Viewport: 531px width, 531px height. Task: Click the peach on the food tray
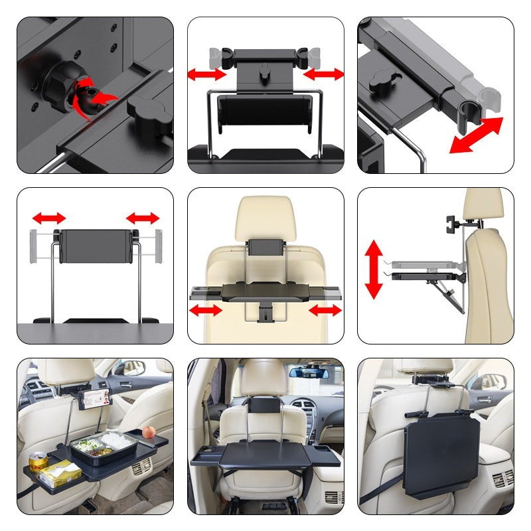pyautogui.click(x=148, y=432)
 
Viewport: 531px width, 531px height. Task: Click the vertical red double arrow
pyautogui.click(x=374, y=269)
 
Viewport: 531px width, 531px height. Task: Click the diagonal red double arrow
pyautogui.click(x=476, y=135)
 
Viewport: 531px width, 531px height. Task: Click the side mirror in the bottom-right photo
pyautogui.click(x=493, y=382)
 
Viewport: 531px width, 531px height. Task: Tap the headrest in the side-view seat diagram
pyautogui.click(x=483, y=206)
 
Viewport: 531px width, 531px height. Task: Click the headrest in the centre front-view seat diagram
pyautogui.click(x=265, y=216)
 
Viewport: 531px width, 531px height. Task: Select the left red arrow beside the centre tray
pyautogui.click(x=206, y=310)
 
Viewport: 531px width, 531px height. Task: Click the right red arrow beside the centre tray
pyautogui.click(x=325, y=310)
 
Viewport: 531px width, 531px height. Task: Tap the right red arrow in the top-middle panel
pyautogui.click(x=324, y=74)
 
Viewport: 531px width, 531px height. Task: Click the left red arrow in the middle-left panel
pyautogui.click(x=49, y=218)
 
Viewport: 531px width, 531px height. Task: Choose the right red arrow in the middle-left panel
pyautogui.click(x=143, y=218)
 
